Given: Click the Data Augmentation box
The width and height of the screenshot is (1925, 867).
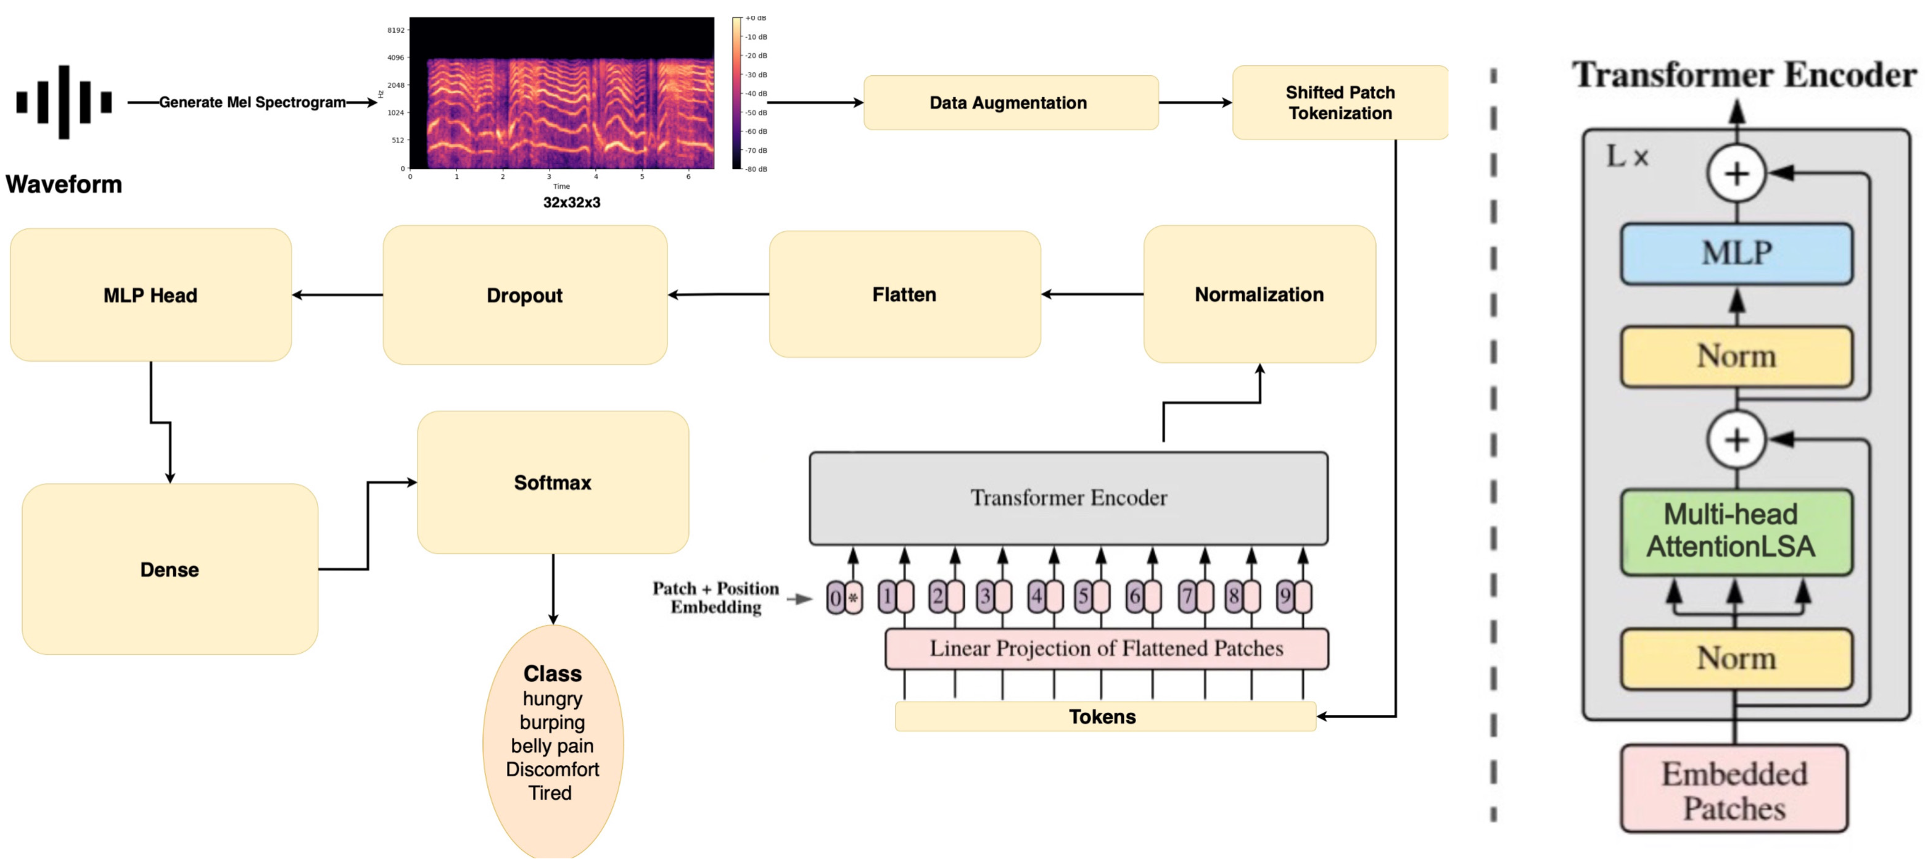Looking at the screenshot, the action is pos(1010,102).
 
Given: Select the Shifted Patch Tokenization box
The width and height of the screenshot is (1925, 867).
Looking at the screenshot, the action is pos(1340,102).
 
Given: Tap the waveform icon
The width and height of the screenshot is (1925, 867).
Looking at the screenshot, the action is pos(64,102).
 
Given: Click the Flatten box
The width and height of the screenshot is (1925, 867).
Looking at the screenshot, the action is pos(904,294).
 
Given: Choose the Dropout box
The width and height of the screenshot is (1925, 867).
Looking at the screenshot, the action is pos(525,295).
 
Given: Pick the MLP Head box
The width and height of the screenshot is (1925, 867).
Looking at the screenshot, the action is pos(150,295).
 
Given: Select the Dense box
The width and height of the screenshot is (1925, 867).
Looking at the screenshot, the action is pos(170,570).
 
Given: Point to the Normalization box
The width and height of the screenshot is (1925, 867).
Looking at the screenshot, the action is pos(1259,294).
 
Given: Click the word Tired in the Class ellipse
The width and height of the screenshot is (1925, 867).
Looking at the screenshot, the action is pos(550,793).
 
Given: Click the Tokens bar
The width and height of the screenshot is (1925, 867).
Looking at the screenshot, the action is pos(1105,717).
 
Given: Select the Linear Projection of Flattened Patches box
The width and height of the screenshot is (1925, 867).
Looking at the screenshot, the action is pos(1106,649).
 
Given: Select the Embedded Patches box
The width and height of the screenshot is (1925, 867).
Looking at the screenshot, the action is pos(1734,789).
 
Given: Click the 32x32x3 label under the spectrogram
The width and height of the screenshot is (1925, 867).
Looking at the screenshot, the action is pos(572,202).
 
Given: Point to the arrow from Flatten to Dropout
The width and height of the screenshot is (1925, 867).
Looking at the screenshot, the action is pos(718,294).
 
